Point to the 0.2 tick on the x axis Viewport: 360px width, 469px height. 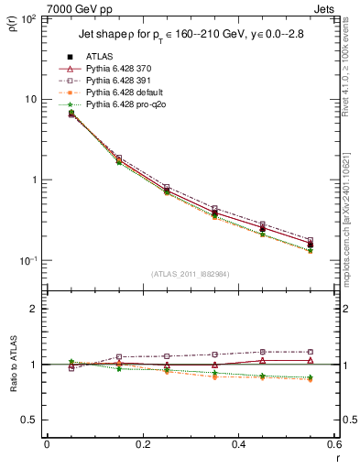pyautogui.click(x=142, y=444)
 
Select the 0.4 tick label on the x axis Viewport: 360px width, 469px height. pyautogui.click(x=238, y=444)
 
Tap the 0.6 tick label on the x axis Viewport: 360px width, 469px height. pyautogui.click(x=333, y=444)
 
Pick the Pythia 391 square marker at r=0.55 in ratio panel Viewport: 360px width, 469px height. pyautogui.click(x=311, y=352)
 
